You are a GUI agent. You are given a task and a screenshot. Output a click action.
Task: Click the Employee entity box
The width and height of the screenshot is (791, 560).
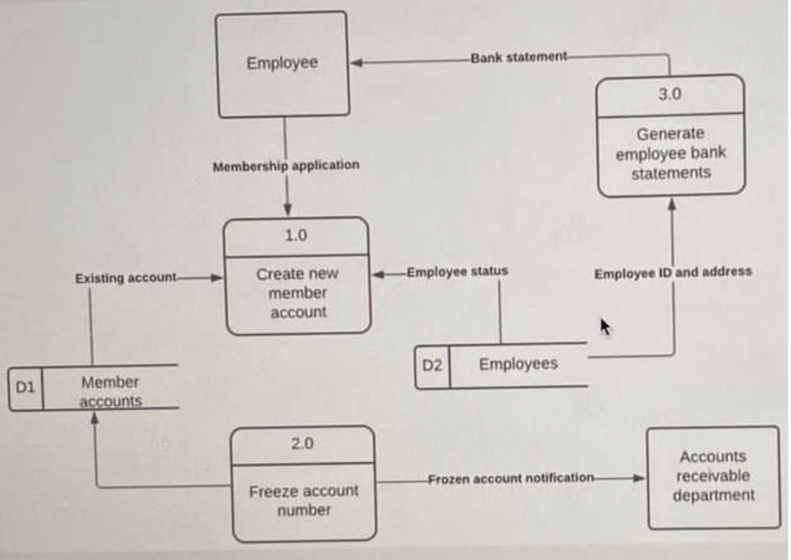[282, 63]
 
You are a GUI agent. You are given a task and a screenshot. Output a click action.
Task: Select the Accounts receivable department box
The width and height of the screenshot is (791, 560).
[713, 476]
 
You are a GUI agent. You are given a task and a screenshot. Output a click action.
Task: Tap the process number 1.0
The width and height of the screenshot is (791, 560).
[296, 236]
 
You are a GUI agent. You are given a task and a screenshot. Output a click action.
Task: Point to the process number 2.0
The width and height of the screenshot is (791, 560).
[303, 444]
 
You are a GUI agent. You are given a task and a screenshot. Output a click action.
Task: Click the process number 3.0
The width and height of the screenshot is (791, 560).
[669, 94]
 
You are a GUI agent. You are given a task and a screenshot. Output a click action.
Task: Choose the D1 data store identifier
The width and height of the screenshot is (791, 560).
[25, 388]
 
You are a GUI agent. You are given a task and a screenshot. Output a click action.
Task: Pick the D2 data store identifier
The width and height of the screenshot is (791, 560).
[431, 366]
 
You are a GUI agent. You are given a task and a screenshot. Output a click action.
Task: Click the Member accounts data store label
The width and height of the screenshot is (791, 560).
[110, 392]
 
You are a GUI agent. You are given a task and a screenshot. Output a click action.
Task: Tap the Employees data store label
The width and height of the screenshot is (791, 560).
[518, 364]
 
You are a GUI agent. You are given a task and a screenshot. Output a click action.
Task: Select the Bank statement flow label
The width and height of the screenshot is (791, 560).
[519, 57]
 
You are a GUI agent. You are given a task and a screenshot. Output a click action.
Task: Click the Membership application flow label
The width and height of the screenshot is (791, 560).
[286, 165]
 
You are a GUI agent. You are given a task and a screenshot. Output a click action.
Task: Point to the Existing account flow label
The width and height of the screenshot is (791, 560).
[126, 278]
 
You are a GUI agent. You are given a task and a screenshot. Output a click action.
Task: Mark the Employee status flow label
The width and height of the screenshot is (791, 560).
[457, 271]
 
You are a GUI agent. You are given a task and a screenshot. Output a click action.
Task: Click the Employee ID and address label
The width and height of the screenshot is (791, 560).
[673, 272]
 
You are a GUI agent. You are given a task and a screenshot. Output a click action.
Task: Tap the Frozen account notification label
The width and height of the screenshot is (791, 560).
[511, 478]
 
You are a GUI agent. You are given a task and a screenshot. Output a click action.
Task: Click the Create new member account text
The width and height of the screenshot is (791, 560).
[298, 293]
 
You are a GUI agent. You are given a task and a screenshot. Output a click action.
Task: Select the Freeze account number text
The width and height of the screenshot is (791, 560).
[303, 500]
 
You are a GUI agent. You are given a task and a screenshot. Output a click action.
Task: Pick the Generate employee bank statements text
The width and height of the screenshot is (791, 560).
[671, 153]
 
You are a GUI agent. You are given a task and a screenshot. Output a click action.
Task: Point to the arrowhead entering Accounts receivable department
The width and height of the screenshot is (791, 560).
[639, 478]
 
